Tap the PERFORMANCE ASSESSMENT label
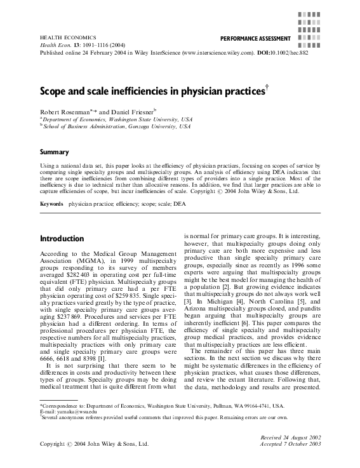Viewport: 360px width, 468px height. [251, 39]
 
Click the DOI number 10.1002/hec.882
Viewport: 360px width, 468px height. [295, 54]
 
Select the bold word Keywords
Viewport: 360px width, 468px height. [51, 204]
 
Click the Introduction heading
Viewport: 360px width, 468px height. [62, 239]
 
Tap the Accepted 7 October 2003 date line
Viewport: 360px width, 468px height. [295, 445]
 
